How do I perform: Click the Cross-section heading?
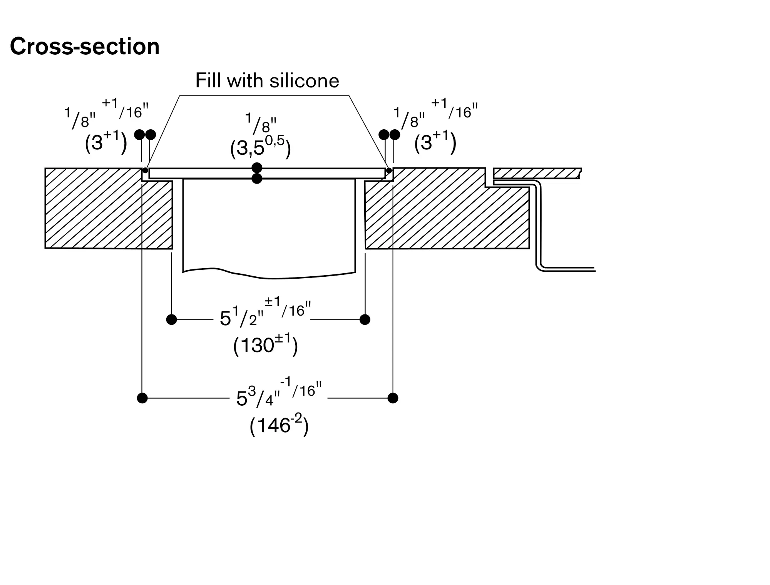85,47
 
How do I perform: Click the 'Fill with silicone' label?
267,80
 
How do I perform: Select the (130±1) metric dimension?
266,345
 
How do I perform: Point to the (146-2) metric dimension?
279,425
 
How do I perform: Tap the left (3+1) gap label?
106,143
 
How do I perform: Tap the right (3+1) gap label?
435,143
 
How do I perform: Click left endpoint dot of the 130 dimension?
171,319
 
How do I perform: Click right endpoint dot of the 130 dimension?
365,319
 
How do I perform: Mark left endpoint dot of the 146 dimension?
142,398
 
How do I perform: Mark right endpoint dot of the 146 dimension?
393,398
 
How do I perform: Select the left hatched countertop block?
109,208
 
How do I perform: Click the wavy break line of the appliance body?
269,274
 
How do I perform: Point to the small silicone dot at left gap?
145,170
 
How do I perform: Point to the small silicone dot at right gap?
389,170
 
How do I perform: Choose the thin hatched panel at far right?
537,173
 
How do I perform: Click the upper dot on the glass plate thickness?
257,168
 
